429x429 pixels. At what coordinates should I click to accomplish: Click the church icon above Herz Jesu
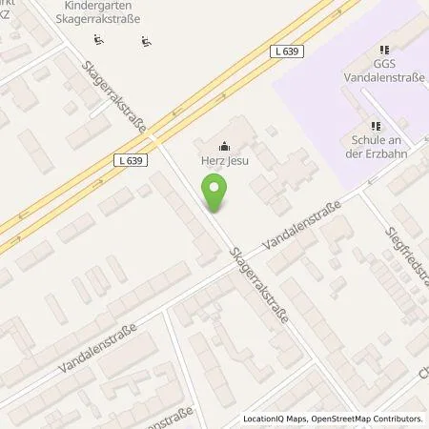(224, 147)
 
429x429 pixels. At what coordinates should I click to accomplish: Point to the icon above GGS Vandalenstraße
(384, 50)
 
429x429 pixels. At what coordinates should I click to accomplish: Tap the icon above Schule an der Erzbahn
(375, 124)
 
